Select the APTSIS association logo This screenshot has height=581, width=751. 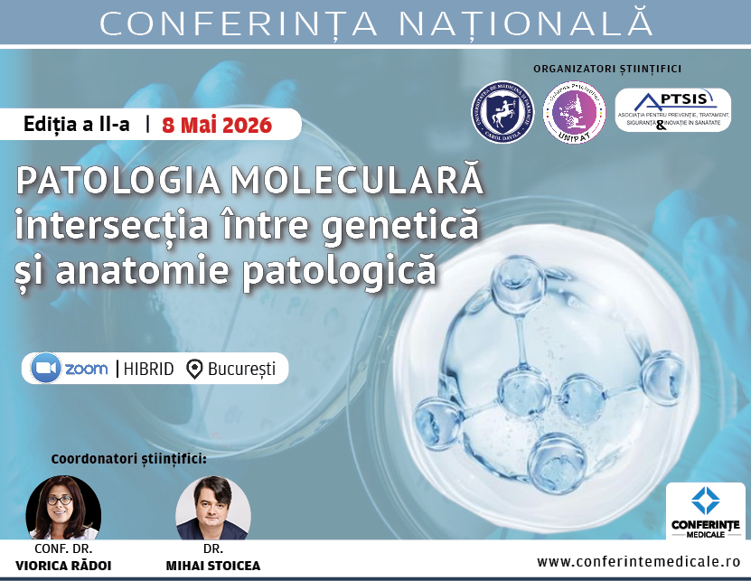(x=671, y=109)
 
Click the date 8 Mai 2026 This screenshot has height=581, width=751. (x=217, y=125)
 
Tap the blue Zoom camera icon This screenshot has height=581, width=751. (x=44, y=369)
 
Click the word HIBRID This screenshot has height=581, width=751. (x=149, y=369)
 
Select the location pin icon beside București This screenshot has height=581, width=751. (x=193, y=369)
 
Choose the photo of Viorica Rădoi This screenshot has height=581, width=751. (x=63, y=507)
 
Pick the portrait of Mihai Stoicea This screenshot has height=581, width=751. (x=211, y=507)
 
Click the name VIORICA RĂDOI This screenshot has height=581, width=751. (x=63, y=566)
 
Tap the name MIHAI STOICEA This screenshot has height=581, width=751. (x=212, y=566)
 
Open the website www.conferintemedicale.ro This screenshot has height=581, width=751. (x=639, y=562)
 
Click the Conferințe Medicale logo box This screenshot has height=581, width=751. (x=705, y=511)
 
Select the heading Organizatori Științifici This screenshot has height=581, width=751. (x=607, y=68)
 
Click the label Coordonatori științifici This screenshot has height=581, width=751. (x=129, y=458)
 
